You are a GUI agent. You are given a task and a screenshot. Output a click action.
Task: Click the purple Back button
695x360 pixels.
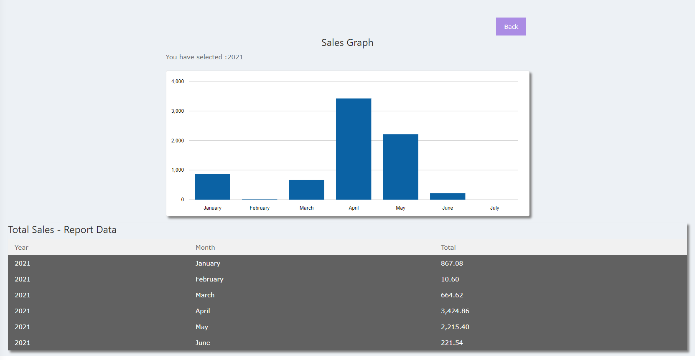click(x=511, y=27)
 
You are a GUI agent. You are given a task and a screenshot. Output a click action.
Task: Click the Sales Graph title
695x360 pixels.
click(x=347, y=43)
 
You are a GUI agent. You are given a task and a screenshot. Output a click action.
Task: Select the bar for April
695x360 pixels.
click(x=353, y=149)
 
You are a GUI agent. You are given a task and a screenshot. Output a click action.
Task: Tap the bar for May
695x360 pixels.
click(x=400, y=167)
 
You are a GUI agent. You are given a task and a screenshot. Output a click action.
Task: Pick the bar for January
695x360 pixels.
click(x=212, y=187)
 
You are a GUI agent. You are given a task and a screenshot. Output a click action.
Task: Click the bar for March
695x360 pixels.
click(x=306, y=190)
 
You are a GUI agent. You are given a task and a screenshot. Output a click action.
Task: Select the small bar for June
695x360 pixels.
click(x=447, y=196)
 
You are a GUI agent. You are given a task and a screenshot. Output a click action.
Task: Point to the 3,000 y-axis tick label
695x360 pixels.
click(x=177, y=111)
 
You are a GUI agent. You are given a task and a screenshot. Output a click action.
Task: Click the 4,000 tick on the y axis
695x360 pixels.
click(x=177, y=81)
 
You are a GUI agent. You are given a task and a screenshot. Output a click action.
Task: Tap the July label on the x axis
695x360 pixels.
click(x=494, y=208)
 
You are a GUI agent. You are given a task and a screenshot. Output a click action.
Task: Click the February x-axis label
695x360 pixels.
click(x=260, y=208)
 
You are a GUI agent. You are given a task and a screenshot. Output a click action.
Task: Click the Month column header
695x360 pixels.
click(x=205, y=248)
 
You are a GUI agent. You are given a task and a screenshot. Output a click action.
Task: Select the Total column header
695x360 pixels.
click(x=448, y=248)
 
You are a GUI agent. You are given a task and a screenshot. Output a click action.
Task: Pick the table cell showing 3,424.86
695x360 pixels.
click(x=455, y=311)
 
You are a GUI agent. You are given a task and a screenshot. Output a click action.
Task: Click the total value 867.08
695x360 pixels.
click(x=452, y=264)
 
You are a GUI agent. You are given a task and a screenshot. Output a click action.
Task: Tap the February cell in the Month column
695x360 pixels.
click(x=209, y=279)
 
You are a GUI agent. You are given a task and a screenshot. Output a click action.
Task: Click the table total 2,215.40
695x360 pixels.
click(x=455, y=327)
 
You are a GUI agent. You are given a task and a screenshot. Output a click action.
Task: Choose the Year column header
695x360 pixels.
click(x=21, y=248)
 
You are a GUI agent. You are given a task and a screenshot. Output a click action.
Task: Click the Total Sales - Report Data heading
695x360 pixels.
click(x=62, y=230)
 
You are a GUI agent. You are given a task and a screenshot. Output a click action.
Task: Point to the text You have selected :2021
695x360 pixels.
click(x=204, y=57)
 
